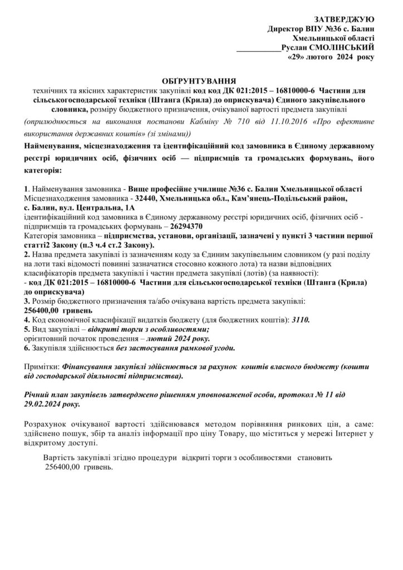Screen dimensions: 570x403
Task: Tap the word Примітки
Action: (42, 368)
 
